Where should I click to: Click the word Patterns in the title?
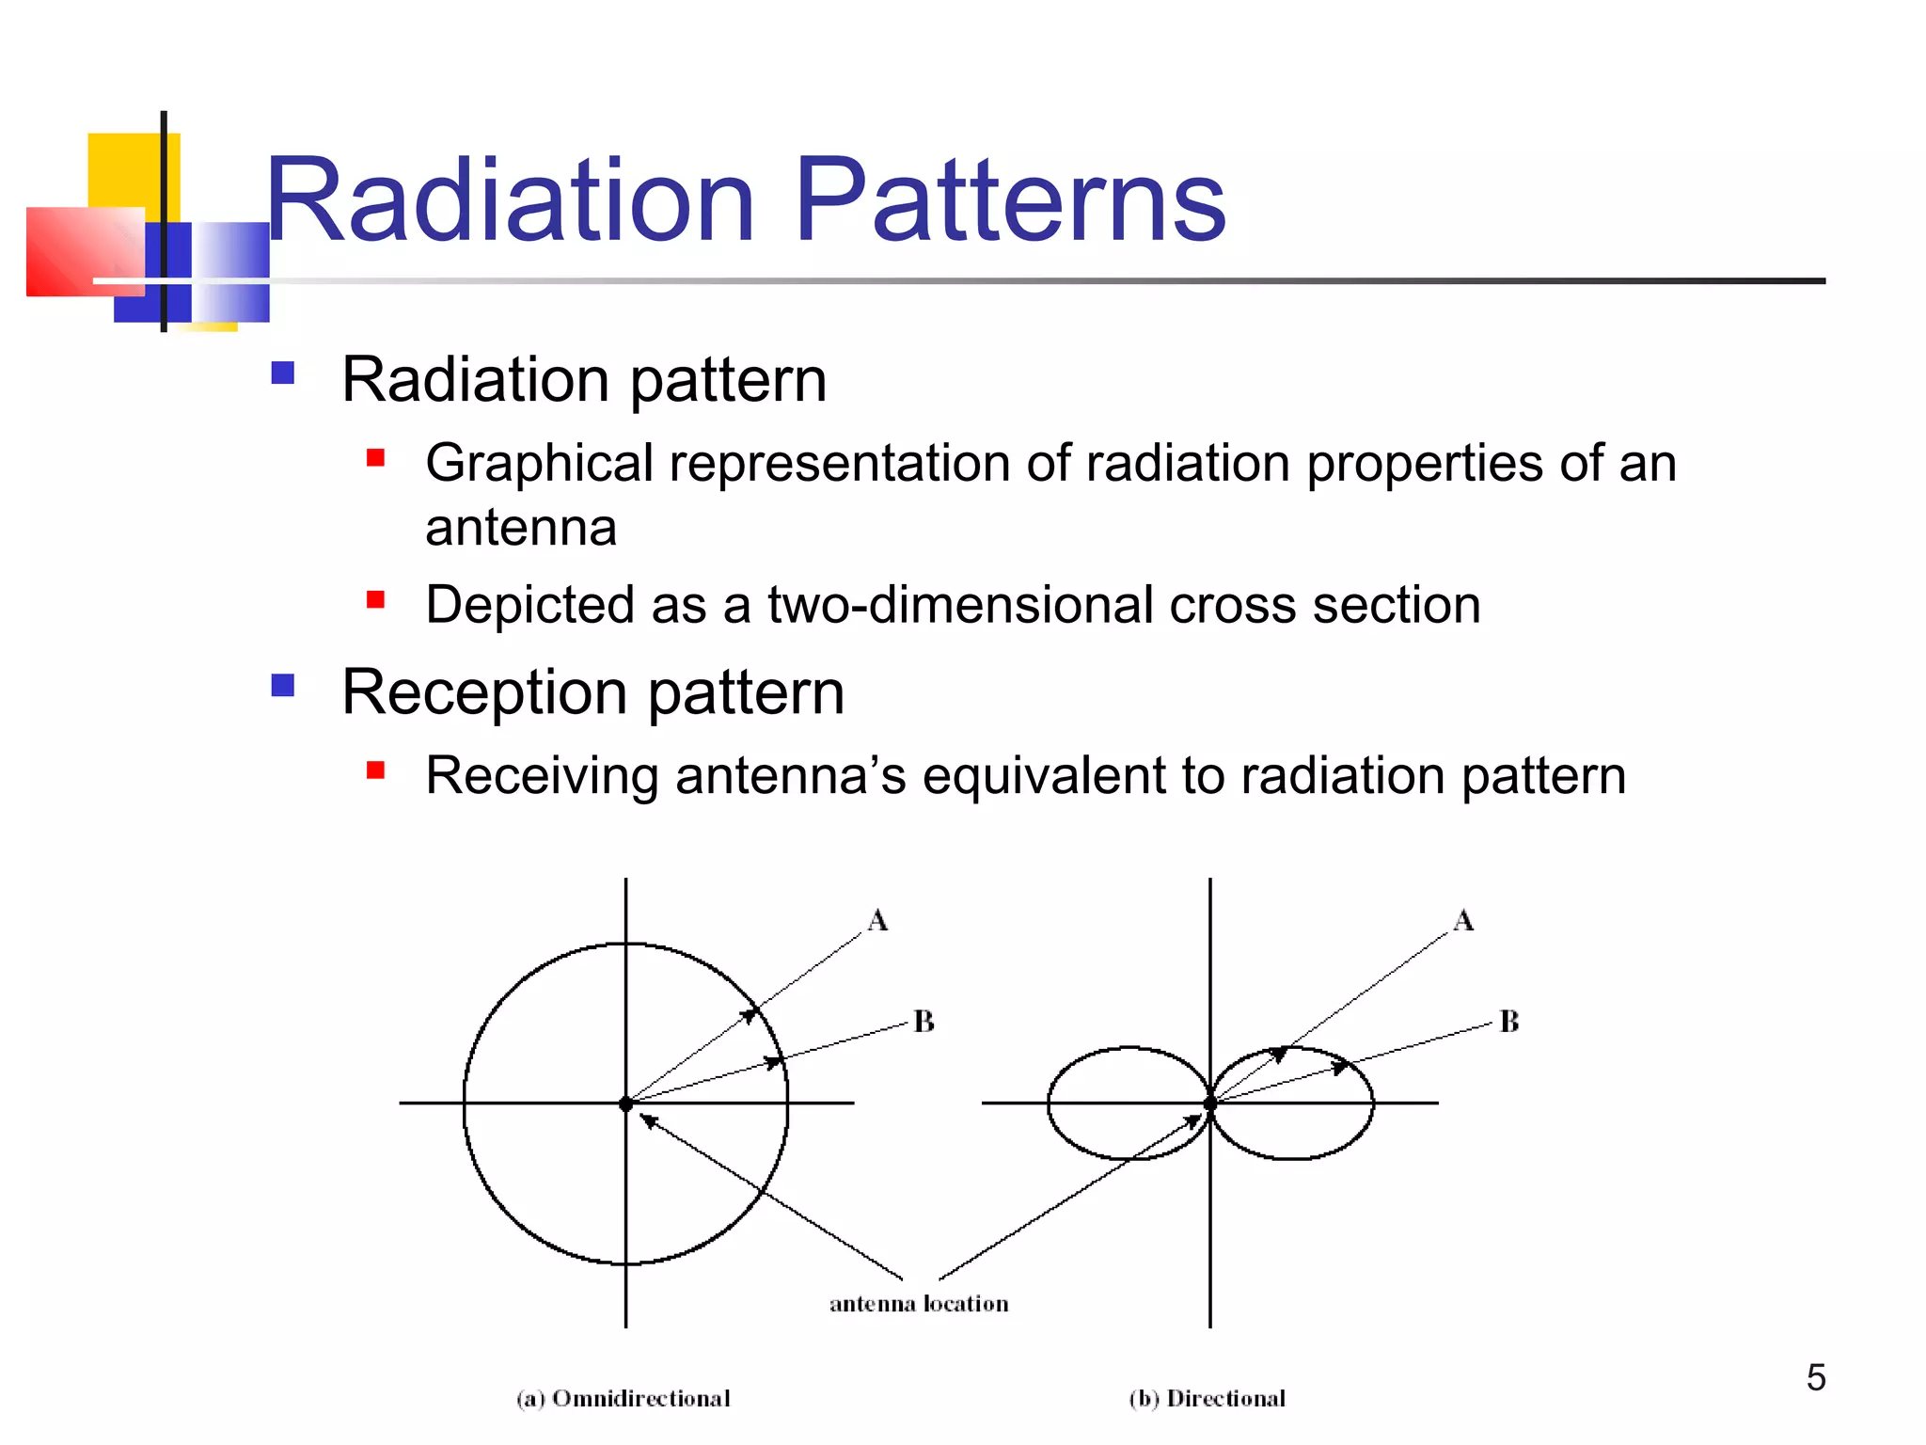(1010, 199)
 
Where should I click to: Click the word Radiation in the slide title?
(511, 199)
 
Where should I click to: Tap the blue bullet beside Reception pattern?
(282, 685)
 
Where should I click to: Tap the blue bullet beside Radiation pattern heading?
(282, 373)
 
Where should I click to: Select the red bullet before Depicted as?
(375, 599)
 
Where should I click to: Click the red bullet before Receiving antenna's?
(375, 770)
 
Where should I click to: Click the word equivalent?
(1043, 776)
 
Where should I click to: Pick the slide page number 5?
(1816, 1377)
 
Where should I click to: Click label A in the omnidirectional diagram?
(877, 920)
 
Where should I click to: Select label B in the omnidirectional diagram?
(924, 1022)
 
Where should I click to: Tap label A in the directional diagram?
(1463, 920)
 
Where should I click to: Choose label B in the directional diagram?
(1509, 1022)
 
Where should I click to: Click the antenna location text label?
(919, 1304)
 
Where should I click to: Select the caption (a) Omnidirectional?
(624, 1399)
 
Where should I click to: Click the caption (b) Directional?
(1208, 1399)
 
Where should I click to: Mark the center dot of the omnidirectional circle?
(626, 1104)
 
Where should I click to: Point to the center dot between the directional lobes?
(1210, 1104)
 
